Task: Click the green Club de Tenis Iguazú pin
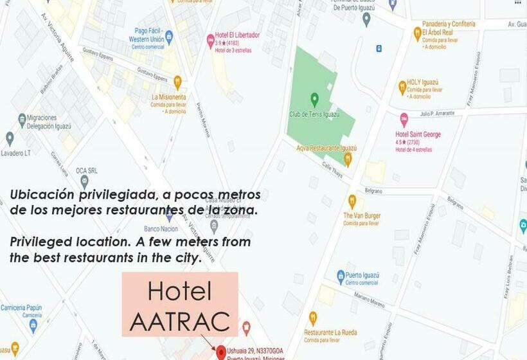point(314,100)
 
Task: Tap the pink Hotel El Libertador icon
point(210,41)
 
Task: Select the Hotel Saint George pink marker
point(404,120)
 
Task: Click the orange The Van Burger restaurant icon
point(352,201)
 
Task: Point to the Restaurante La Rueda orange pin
point(312,318)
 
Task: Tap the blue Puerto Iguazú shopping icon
point(341,276)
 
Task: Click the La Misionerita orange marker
point(177,82)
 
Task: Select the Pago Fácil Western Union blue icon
point(169,37)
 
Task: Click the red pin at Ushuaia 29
point(221,352)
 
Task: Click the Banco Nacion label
point(160,228)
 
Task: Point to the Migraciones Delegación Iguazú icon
point(22,119)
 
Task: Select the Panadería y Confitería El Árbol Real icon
point(417,33)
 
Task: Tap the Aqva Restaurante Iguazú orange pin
point(348,157)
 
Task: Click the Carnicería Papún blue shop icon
point(33,325)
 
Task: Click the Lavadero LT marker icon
point(10,138)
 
